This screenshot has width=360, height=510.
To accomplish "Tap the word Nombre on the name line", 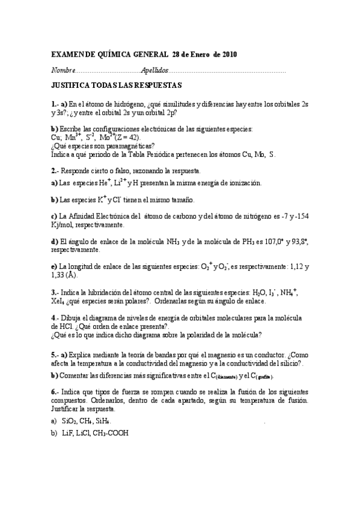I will click(63, 70).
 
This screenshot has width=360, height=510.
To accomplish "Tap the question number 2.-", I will click(55, 171).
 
